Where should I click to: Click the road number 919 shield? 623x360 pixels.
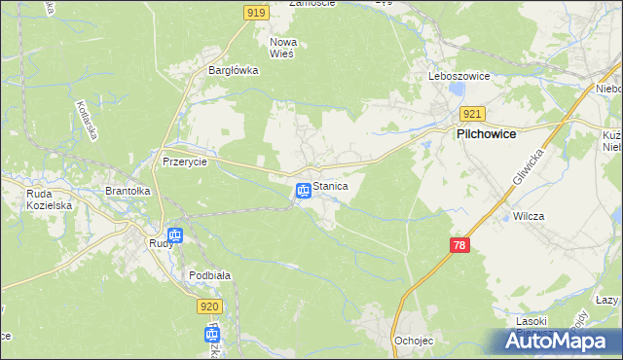point(256,12)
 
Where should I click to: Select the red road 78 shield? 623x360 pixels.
point(460,245)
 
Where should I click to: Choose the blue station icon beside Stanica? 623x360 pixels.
point(304,191)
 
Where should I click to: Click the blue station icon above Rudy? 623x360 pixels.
point(175,234)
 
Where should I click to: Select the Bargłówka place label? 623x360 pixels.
point(233,70)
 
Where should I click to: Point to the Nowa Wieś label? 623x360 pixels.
point(282,48)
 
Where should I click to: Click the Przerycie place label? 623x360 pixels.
point(185,162)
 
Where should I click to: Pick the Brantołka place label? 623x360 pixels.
point(127,192)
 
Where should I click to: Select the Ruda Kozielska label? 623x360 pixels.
point(46,199)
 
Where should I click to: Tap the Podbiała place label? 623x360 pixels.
point(209,275)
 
